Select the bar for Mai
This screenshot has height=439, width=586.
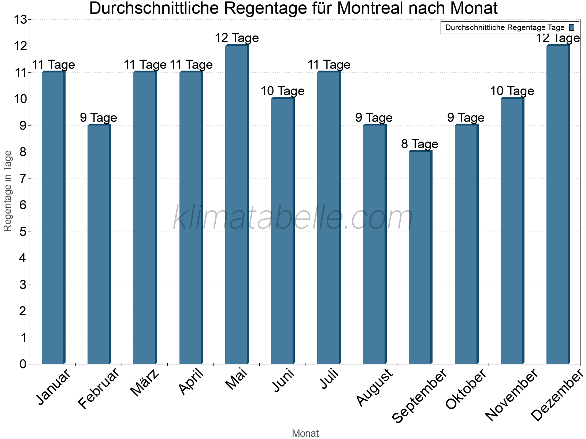(237, 205)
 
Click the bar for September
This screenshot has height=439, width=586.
(420, 258)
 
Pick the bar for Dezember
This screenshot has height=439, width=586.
(558, 205)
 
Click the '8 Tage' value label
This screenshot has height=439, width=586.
(420, 144)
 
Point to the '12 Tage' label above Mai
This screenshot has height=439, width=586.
(237, 38)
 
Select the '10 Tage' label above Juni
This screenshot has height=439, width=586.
(282, 91)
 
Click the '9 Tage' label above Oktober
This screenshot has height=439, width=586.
(466, 117)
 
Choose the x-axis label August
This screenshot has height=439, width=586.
(374, 387)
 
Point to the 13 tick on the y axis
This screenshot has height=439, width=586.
(21, 19)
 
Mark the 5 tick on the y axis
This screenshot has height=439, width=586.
(23, 232)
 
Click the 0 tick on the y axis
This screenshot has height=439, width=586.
(23, 364)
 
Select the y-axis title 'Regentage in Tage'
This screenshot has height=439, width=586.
(8, 191)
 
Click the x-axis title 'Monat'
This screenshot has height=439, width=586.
(305, 433)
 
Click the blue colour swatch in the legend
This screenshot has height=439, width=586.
(572, 27)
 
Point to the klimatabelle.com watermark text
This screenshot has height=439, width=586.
(293, 218)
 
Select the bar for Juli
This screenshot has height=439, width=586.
(329, 218)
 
